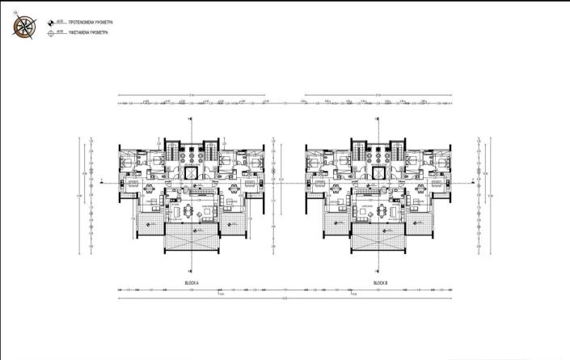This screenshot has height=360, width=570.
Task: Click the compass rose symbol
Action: [x=24, y=26]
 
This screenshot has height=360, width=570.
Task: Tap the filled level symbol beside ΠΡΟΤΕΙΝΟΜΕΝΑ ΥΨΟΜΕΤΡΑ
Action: [x=53, y=23]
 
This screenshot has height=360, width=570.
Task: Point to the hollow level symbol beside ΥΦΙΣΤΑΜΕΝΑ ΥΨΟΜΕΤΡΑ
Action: [x=53, y=33]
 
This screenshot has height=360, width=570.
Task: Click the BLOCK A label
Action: [x=192, y=282]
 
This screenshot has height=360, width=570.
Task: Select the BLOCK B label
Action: [x=380, y=282]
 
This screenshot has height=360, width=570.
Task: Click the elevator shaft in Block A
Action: [x=192, y=172]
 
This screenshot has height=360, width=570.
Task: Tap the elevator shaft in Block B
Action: [x=379, y=172]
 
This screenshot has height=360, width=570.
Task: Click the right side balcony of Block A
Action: [x=234, y=223]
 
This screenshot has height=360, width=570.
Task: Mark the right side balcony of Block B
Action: [x=421, y=223]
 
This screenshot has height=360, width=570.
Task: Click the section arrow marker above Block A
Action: [x=190, y=120]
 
